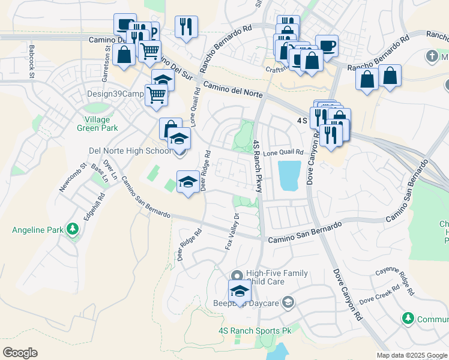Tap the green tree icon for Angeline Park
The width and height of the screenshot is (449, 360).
coord(73,229)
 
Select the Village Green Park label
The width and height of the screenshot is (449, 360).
coord(97,124)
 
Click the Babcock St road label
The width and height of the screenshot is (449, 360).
coord(32,55)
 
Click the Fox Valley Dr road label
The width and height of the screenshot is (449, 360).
coord(232,232)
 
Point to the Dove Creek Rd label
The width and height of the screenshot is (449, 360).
coord(379,295)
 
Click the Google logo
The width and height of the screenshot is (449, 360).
coord(20,353)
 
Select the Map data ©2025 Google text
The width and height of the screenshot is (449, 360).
coord(411,355)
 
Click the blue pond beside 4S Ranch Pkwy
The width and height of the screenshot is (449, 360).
coord(290,175)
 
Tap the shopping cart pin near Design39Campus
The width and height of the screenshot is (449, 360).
coord(156,94)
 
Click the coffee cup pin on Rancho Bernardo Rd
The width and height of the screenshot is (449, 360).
coord(327,45)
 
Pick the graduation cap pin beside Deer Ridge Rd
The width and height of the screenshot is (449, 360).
coord(188,181)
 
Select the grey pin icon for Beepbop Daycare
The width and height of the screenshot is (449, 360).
coord(288,302)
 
